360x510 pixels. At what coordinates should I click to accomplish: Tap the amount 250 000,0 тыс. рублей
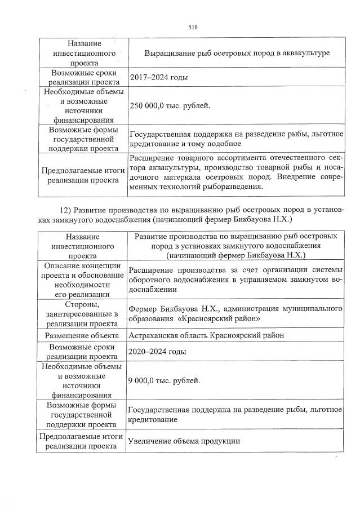pos(170,106)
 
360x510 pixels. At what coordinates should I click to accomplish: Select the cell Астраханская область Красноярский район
pos(205,335)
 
